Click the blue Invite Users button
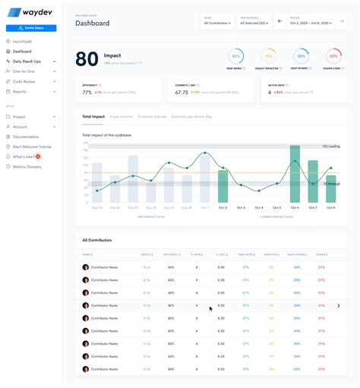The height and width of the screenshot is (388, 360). [31, 28]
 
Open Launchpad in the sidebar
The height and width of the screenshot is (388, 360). [21, 42]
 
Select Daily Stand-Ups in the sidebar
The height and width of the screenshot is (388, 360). [27, 61]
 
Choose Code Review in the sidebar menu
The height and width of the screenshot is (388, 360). [24, 81]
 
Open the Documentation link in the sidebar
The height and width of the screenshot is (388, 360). [26, 137]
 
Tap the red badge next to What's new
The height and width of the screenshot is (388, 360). [38, 156]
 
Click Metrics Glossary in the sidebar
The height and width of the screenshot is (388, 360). [27, 166]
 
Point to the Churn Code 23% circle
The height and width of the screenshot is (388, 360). [333, 56]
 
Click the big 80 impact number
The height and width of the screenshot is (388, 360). [87, 58]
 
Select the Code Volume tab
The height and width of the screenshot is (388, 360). [121, 117]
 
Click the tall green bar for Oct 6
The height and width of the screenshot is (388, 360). [294, 174]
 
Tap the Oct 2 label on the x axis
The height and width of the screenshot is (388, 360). [223, 207]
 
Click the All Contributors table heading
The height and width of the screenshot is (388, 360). [96, 240]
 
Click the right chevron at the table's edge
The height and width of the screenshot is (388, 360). [338, 305]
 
